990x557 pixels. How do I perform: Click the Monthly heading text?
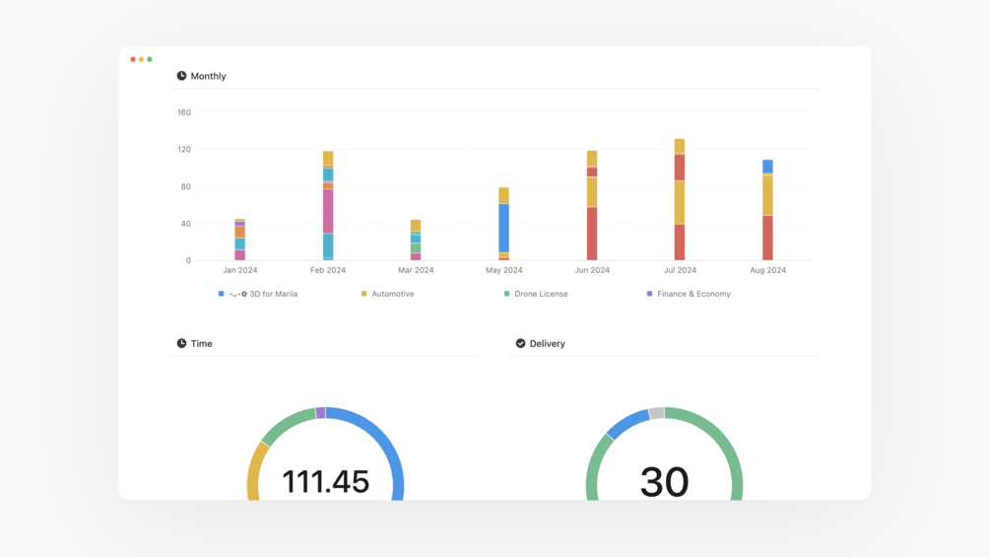pos(208,76)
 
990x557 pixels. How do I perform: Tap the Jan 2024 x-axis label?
pos(239,270)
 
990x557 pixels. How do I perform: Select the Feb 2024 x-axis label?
pos(328,270)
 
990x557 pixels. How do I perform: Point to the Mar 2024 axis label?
pos(416,270)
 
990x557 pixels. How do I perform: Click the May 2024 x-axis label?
pos(503,270)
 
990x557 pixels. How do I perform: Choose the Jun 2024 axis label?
pos(592,270)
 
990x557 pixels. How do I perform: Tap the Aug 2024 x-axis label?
pos(767,270)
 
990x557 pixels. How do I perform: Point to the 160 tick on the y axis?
pos(184,112)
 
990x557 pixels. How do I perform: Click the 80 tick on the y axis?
pos(185,187)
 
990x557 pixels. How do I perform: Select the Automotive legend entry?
pos(392,294)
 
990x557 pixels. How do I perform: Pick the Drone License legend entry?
pos(541,294)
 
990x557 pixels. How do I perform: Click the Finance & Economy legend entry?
pos(693,294)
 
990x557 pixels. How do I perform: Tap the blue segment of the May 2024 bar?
pos(504,228)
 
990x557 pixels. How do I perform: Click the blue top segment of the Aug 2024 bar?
pos(767,167)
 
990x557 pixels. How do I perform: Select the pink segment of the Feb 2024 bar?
pos(328,211)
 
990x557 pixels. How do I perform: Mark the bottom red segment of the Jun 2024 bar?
pos(592,234)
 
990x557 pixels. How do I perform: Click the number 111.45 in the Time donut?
pos(325,481)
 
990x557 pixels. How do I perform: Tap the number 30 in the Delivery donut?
pos(664,481)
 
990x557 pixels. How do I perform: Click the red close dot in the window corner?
pos(133,59)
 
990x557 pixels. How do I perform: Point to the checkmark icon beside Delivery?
pos(520,343)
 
